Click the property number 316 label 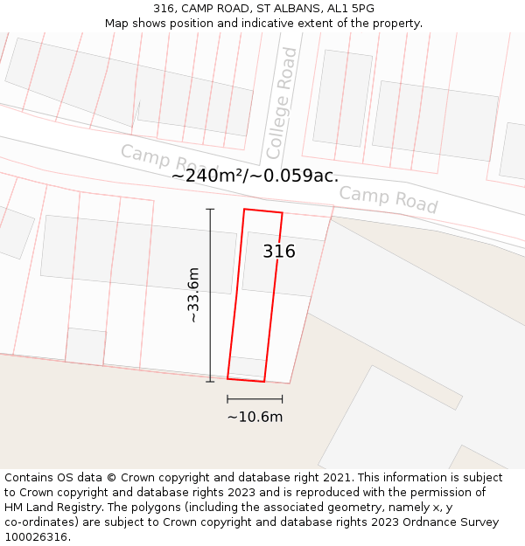(279, 252)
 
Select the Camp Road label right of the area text (388, 199)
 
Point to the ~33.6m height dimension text (193, 295)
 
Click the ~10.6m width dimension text (255, 417)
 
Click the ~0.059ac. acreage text (297, 176)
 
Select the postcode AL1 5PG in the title (350, 9)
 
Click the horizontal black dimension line (255, 399)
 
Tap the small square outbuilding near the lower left (86, 346)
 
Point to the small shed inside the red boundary (248, 366)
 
